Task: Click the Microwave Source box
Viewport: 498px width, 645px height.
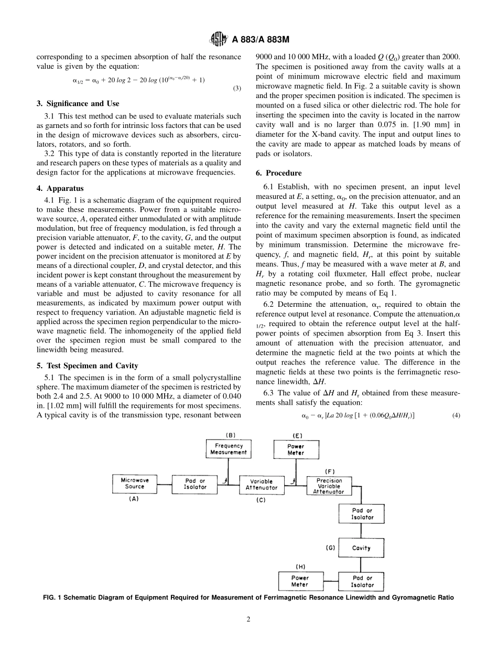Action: (135, 483)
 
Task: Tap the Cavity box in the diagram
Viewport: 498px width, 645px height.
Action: (361, 548)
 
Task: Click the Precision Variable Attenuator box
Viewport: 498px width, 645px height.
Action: (329, 486)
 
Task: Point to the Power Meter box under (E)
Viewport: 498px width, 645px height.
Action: (296, 449)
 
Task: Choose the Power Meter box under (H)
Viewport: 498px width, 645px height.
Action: (300, 581)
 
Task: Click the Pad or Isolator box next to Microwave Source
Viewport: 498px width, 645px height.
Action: (196, 483)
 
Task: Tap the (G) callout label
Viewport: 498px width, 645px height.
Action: (330, 547)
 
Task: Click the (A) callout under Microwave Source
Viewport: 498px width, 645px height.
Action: (134, 500)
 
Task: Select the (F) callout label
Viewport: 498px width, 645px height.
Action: (330, 471)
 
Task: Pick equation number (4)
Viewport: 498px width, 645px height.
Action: (456, 415)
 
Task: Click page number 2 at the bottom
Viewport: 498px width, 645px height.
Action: (248, 619)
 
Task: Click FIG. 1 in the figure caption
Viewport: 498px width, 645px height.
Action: (53, 597)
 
